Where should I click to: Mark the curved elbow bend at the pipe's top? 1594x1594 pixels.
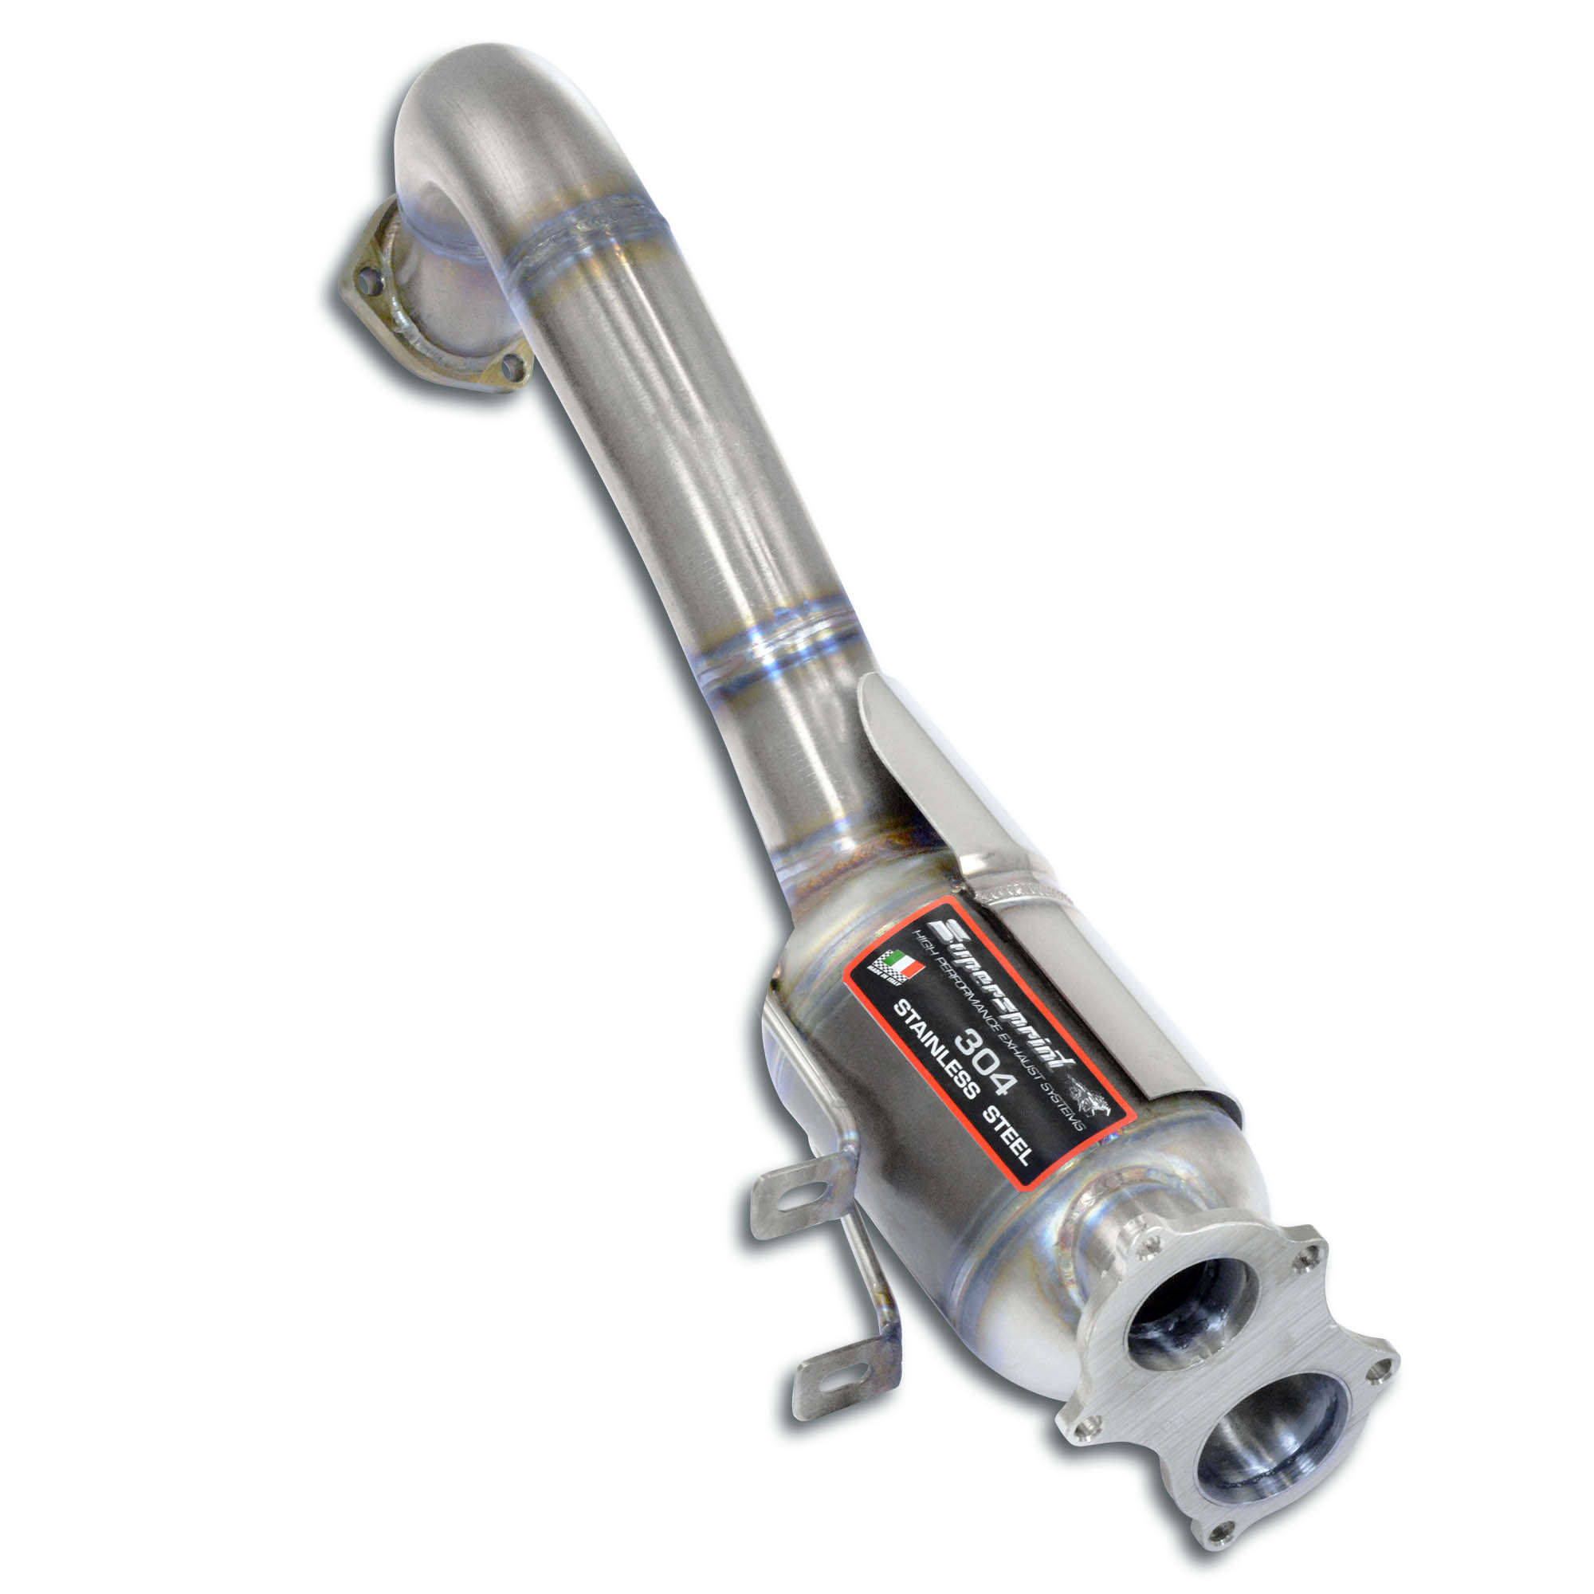[x=478, y=108]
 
